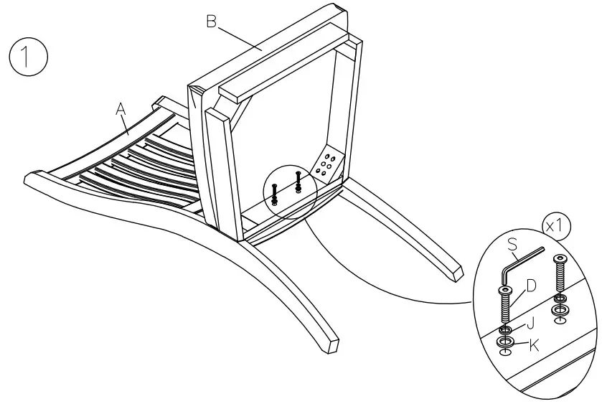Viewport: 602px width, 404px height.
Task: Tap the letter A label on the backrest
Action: coord(121,109)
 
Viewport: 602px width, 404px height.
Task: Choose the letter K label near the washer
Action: coord(533,345)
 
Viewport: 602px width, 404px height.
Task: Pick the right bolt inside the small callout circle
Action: coord(298,181)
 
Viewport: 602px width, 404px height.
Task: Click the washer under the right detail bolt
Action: coord(560,309)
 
